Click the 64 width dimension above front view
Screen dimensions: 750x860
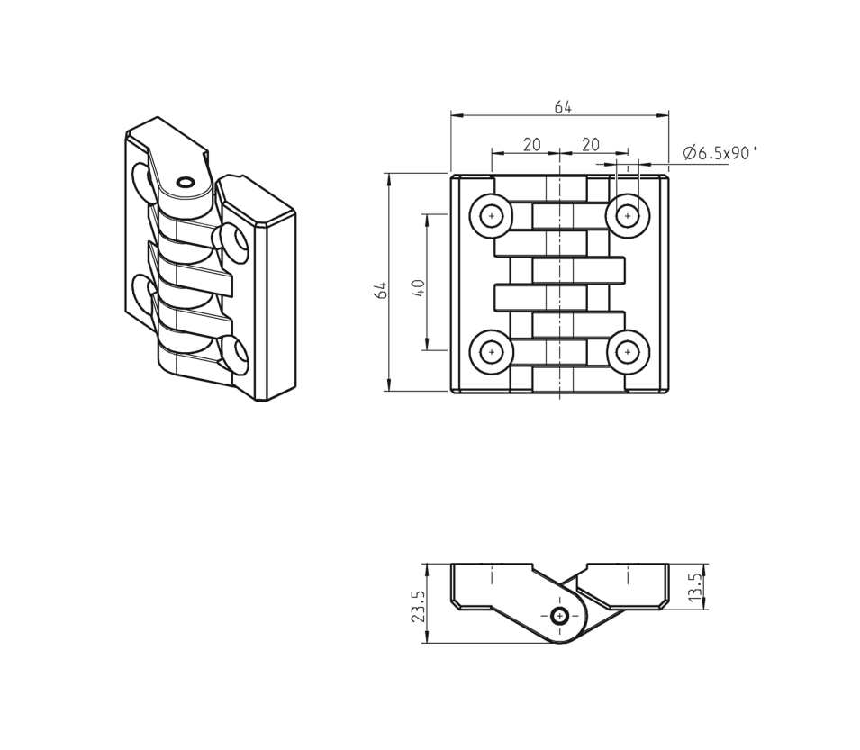coord(563,107)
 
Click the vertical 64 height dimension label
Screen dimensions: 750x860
coord(381,289)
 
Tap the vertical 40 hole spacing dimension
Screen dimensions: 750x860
coord(418,288)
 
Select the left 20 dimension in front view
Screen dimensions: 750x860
coord(531,144)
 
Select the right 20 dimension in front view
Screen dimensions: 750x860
coord(591,144)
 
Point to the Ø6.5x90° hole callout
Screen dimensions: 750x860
coord(720,153)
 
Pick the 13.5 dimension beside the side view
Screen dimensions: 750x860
coord(694,586)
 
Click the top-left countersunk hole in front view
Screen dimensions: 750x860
coord(492,216)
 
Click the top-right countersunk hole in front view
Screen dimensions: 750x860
coord(628,216)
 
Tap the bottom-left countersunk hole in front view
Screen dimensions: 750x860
coord(492,352)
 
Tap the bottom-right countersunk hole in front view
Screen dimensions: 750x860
coord(628,352)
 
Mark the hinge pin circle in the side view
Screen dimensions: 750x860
coord(560,616)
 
